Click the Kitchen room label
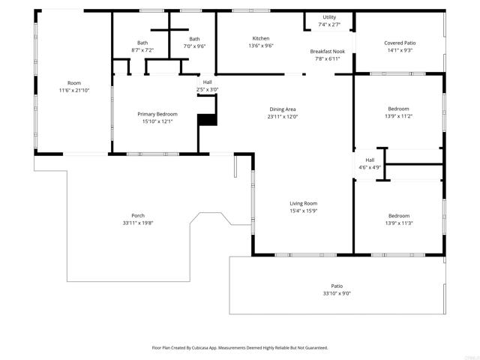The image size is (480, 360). tap(260, 38)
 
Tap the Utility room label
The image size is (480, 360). tap(329, 17)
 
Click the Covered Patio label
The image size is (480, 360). tap(400, 43)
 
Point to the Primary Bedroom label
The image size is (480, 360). tap(157, 114)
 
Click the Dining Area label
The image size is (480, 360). tap(283, 109)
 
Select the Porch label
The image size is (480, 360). tap(137, 216)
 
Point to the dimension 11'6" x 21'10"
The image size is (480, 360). tap(74, 90)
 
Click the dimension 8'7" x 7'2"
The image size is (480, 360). tap(142, 50)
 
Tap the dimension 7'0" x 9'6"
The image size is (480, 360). tap(194, 46)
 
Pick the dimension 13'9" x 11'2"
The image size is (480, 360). tap(398, 116)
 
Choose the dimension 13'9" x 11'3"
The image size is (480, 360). tap(398, 223)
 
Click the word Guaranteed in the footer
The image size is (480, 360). tap(313, 348)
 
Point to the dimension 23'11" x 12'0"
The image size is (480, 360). tap(283, 117)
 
